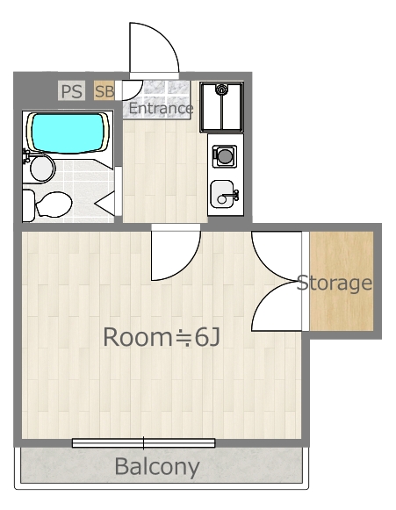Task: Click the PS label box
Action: pos(71,90)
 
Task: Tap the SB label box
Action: pos(104,90)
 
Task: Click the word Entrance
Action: pos(161,108)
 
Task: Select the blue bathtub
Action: pos(67,132)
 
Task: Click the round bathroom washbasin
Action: pos(42,167)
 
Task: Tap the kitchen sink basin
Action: pos(223,195)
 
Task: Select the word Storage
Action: pos(334,284)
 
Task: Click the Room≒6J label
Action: pos(161,336)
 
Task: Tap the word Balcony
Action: pos(157,466)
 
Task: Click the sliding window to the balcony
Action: pos(143,442)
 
